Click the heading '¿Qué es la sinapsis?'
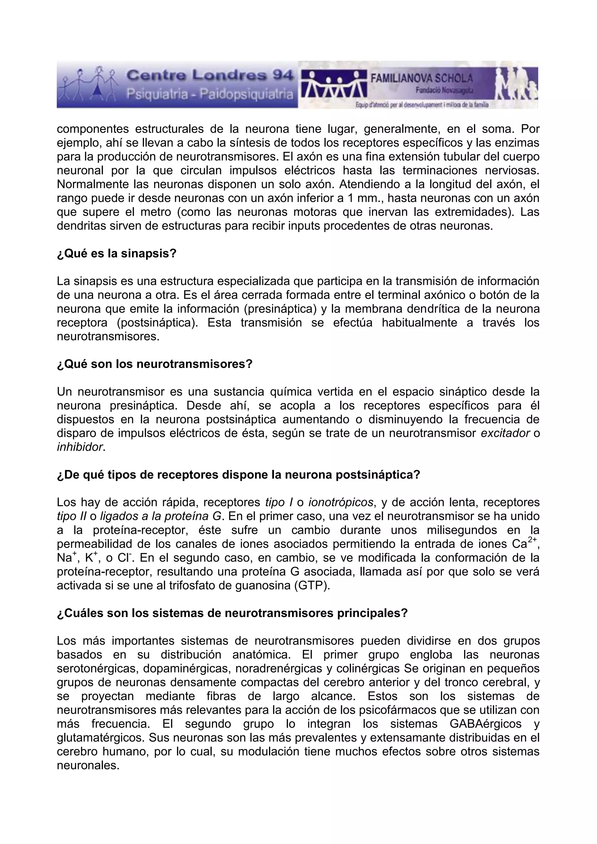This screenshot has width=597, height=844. pyautogui.click(x=117, y=254)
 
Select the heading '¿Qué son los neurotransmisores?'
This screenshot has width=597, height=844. pyautogui.click(x=155, y=364)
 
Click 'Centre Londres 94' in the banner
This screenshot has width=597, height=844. pyautogui.click(x=210, y=76)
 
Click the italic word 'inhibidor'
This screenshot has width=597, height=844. pyautogui.click(x=80, y=447)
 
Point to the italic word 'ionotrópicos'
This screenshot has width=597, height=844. pyautogui.click(x=341, y=502)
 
